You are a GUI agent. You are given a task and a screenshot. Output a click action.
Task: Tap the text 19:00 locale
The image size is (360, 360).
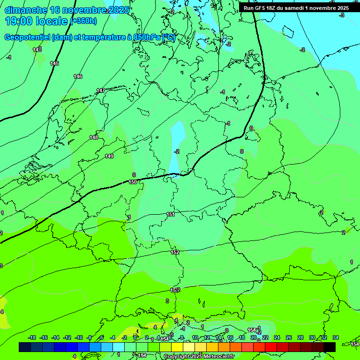pos(37,21)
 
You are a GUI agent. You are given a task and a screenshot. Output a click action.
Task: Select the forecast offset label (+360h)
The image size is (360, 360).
pos(84,21)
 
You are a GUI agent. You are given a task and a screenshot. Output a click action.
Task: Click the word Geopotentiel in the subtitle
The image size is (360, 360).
pos(27,37)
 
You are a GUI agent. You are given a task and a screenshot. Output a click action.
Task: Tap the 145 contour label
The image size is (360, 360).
pos(54,63)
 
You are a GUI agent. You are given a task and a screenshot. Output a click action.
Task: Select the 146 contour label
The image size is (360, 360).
pos(78,76)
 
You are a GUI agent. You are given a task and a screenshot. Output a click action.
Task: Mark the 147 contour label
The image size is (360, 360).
pos(101,90)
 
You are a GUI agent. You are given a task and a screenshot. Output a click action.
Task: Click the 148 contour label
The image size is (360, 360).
pos(94,137)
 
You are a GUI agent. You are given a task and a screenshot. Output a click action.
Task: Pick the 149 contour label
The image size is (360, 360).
pos(109,156)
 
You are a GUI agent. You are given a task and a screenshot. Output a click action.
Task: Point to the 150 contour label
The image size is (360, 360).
pos(133,182)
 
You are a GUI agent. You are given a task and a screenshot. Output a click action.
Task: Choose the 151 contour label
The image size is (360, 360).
pos(171,214)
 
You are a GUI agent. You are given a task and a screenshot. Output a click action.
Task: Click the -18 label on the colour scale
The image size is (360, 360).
pos(32,337)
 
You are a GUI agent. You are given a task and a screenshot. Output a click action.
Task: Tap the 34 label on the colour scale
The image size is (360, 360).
pos(336,337)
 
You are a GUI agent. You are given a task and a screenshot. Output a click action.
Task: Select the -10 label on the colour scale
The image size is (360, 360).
pos(79,337)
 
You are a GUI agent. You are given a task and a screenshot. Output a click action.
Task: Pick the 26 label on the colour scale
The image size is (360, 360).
pos(289,337)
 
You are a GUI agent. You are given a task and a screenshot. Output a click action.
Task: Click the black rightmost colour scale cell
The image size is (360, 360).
pos(330,347)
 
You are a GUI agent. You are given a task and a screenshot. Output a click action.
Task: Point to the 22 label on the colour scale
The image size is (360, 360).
pos(265,337)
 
